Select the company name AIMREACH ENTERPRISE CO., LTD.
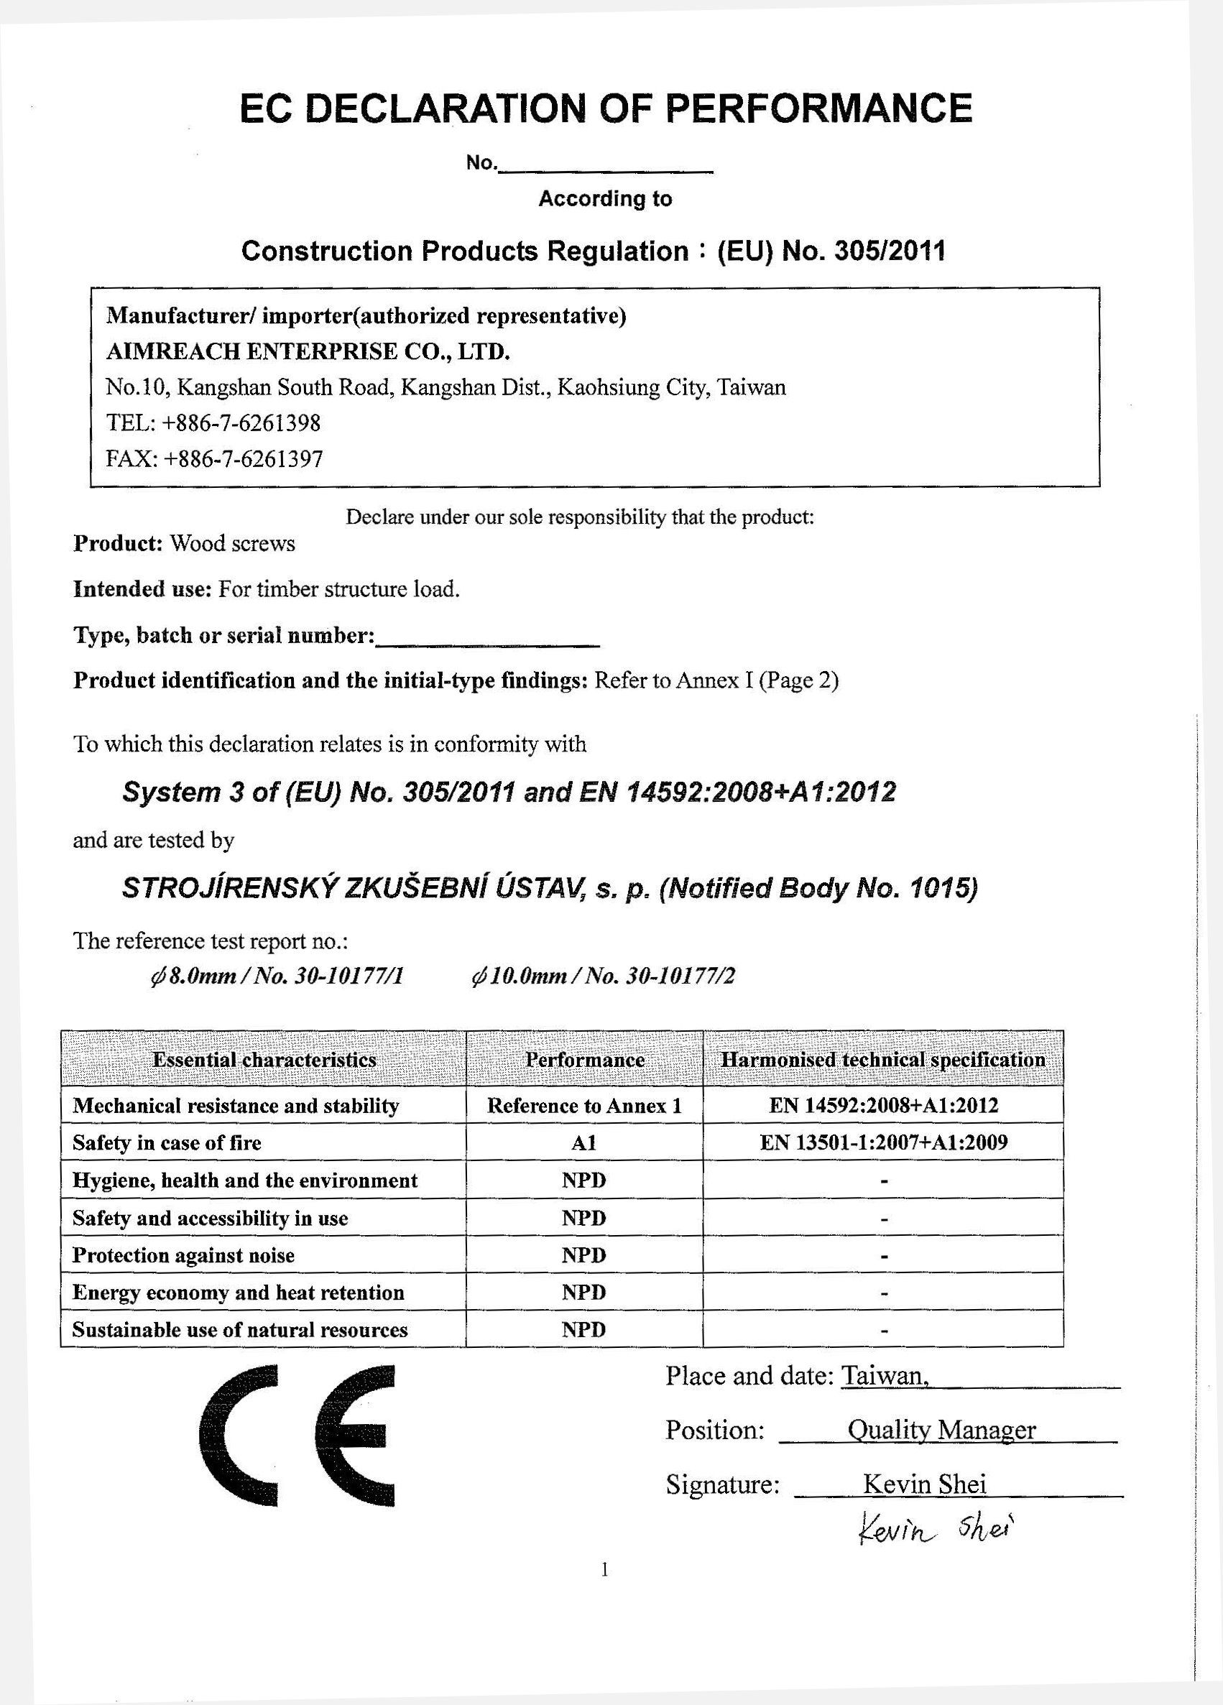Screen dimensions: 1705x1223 pyautogui.click(x=308, y=351)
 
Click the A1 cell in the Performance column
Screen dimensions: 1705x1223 pyautogui.click(x=584, y=1142)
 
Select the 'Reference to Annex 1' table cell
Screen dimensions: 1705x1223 pyautogui.click(x=584, y=1106)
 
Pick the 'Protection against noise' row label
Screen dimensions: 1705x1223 pyautogui.click(x=183, y=1255)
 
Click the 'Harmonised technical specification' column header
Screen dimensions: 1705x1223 pyautogui.click(x=883, y=1059)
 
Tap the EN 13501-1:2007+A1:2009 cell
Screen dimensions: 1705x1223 pyautogui.click(x=883, y=1142)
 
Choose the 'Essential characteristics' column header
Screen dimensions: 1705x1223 pyautogui.click(x=264, y=1059)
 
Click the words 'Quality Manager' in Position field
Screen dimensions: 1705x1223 pyautogui.click(x=941, y=1429)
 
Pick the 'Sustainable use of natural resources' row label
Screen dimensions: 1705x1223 pyautogui.click(x=240, y=1330)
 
